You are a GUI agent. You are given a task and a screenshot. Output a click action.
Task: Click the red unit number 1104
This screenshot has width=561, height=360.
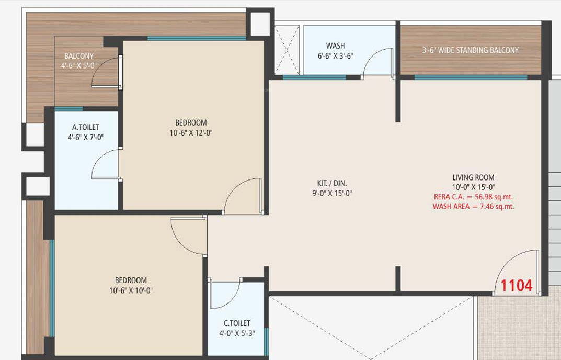(517, 286)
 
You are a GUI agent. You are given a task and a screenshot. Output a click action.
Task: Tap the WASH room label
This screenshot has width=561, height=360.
(335, 46)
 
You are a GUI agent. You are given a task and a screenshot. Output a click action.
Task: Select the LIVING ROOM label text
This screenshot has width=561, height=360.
(473, 177)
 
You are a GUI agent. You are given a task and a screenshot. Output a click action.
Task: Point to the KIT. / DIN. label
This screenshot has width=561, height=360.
(332, 183)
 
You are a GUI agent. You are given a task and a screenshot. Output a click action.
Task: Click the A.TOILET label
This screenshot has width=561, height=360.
(85, 127)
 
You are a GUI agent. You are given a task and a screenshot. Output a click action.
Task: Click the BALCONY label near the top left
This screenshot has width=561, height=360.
(79, 56)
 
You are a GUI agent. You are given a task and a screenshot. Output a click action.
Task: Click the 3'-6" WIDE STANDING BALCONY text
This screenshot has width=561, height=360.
(470, 51)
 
